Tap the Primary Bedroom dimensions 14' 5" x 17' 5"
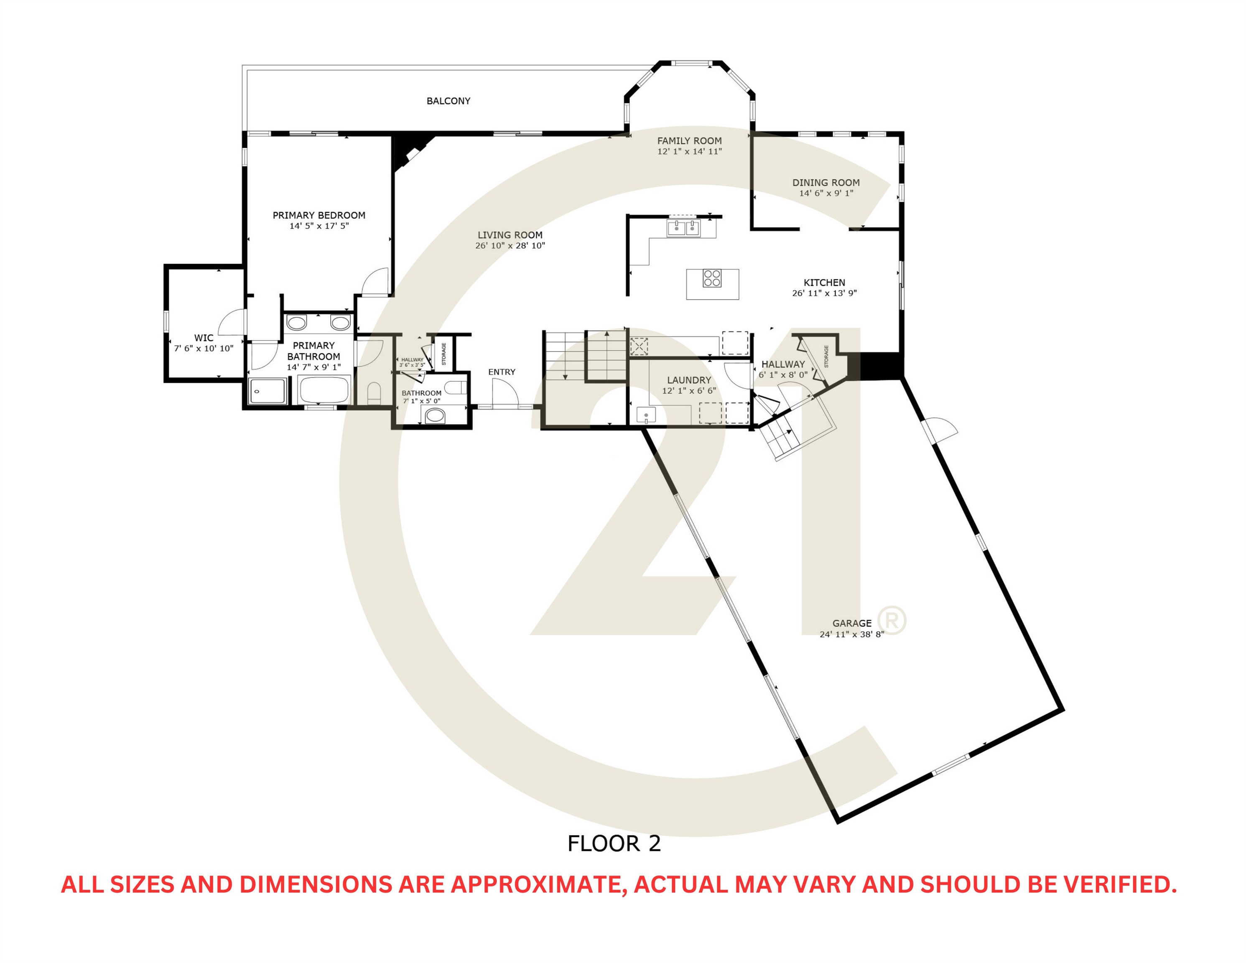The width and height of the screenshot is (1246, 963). point(319,226)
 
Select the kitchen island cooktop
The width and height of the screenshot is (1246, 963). point(711,278)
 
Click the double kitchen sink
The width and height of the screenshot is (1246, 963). point(683,228)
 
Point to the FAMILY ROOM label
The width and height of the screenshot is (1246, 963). point(689,140)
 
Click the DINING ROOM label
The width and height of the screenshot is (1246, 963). point(826,183)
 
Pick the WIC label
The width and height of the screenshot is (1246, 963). point(204,338)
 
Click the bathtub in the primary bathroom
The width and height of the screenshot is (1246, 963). point(324,390)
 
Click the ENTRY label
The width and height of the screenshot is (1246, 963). point(502,372)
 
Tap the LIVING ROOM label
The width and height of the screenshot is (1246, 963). point(510,235)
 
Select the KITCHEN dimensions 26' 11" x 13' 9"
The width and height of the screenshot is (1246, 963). point(824,293)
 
